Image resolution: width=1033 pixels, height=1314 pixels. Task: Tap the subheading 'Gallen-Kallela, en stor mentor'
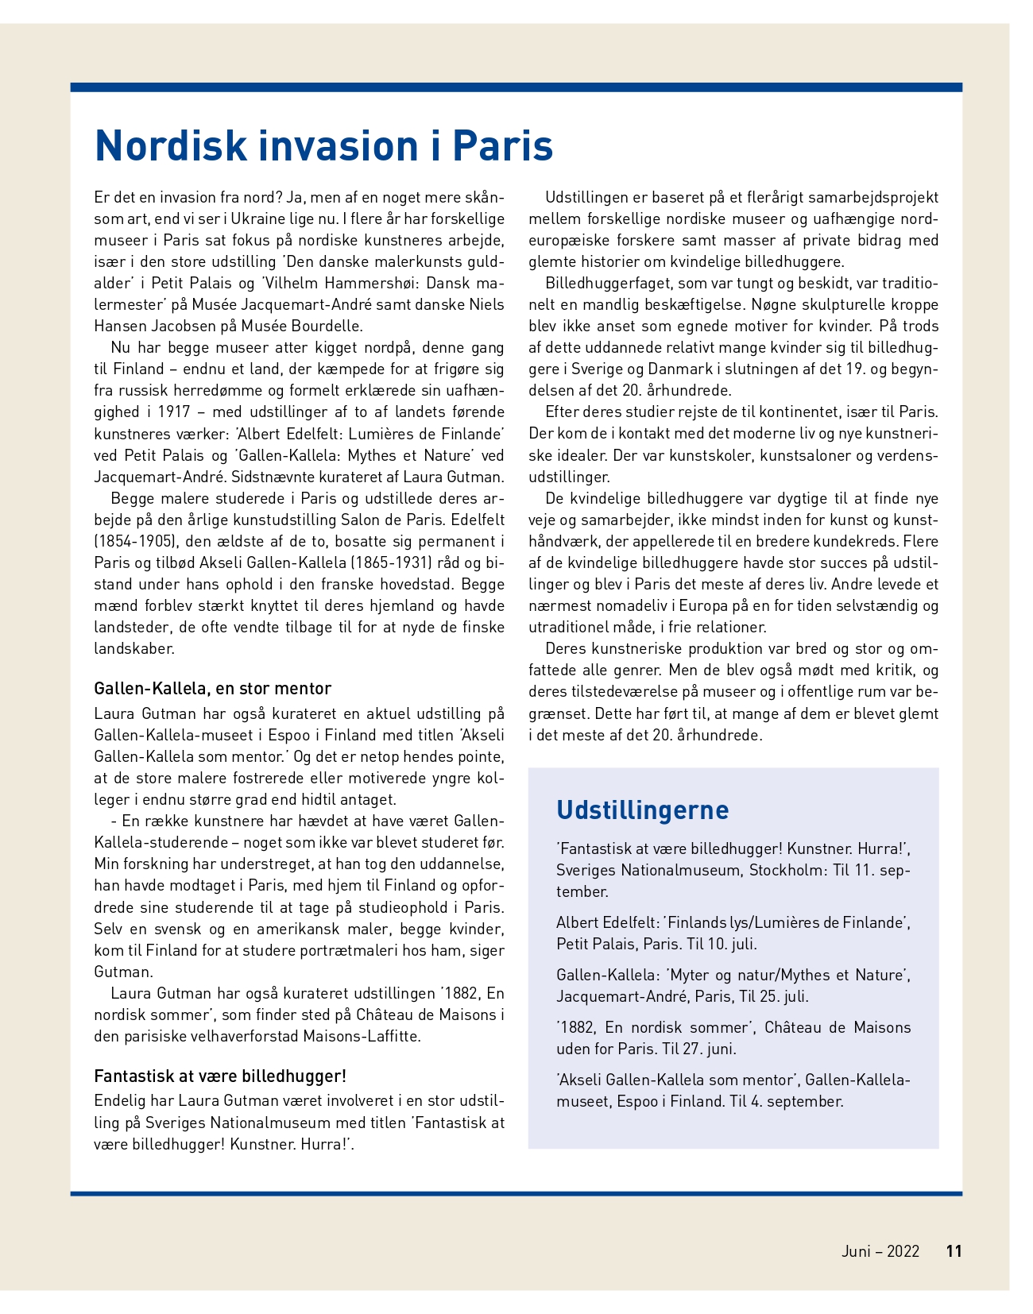pyautogui.click(x=212, y=688)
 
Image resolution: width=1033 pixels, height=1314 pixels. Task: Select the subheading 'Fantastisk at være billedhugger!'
pyautogui.click(x=220, y=1076)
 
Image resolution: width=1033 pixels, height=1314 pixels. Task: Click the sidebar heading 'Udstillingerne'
pyautogui.click(x=642, y=810)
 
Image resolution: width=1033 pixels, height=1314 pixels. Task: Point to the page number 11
pyautogui.click(x=954, y=1251)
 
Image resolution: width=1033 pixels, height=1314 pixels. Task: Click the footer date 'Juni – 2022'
pyautogui.click(x=880, y=1251)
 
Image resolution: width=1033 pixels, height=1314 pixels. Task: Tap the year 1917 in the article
pyautogui.click(x=174, y=412)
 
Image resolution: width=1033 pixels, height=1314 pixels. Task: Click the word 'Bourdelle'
pyautogui.click(x=328, y=326)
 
